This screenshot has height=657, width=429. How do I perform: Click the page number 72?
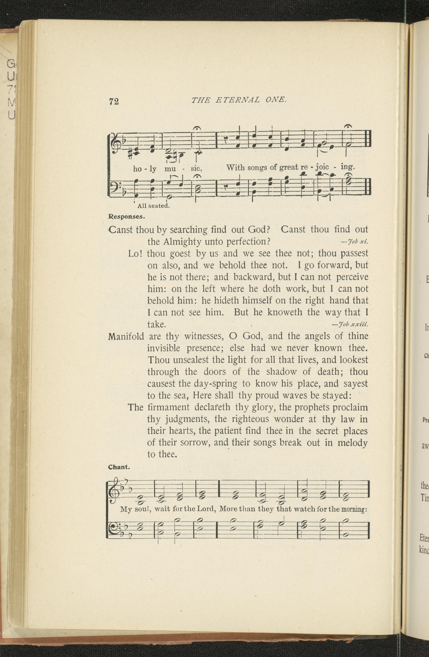114,102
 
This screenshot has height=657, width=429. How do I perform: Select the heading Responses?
127,216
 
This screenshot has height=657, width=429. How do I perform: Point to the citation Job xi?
355,242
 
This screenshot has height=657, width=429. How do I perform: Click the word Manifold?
126,337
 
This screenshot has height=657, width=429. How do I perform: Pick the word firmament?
168,407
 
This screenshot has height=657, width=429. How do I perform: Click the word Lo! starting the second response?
135,253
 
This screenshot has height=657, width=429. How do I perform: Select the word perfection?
248,242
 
